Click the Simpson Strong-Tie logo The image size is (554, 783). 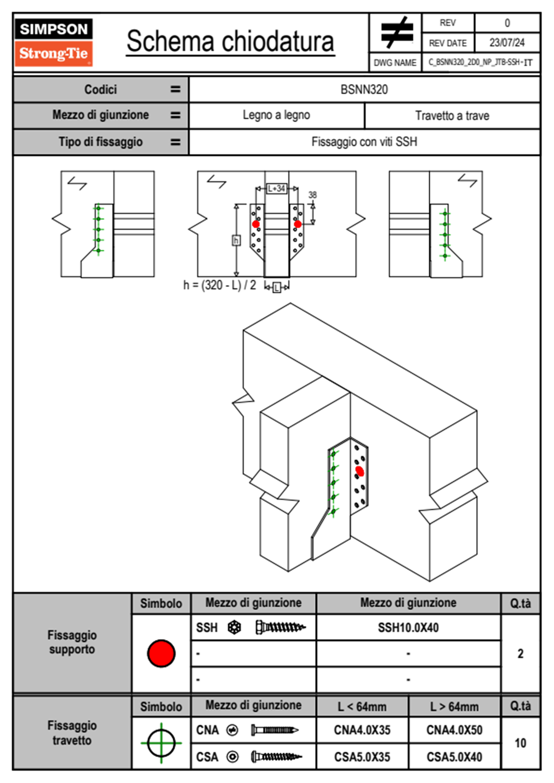(x=54, y=42)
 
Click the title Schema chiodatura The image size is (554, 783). (x=230, y=41)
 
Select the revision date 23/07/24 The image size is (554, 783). (x=507, y=43)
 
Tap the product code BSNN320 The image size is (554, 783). (x=364, y=89)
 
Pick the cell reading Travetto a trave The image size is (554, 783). (x=452, y=115)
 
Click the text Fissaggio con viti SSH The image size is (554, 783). (x=364, y=142)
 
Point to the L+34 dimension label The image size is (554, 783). (x=277, y=189)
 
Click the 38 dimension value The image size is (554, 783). (x=312, y=195)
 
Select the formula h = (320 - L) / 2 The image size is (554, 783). (x=220, y=285)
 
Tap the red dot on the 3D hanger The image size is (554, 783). (x=359, y=471)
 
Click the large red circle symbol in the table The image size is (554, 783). (x=161, y=653)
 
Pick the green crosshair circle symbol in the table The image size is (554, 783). (x=161, y=743)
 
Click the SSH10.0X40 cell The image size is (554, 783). (x=408, y=628)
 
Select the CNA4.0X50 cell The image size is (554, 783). (x=454, y=730)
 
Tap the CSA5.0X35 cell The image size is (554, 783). (x=362, y=757)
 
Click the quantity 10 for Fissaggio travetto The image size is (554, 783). (x=520, y=743)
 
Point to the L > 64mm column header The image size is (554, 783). (x=454, y=707)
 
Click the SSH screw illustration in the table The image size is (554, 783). (x=280, y=628)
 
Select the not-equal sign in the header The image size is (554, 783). (x=396, y=33)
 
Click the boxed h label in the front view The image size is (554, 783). (x=236, y=240)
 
